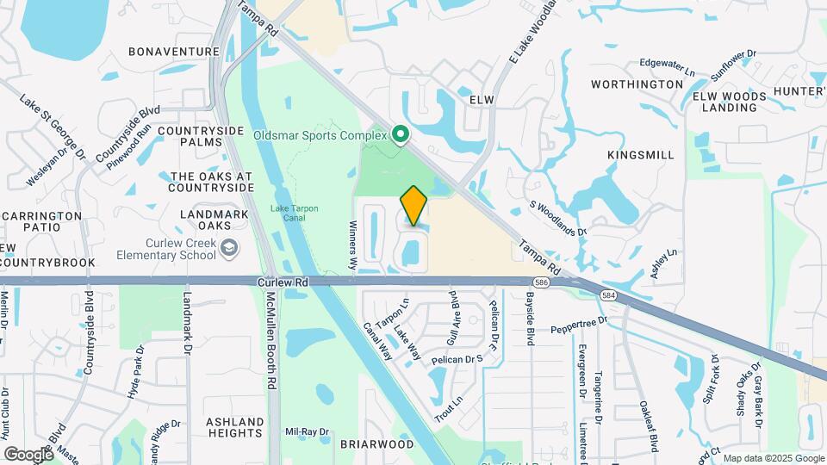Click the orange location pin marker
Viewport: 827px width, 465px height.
click(413, 205)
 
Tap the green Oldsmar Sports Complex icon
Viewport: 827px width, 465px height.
click(400, 134)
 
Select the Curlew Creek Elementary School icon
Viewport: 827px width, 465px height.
click(228, 249)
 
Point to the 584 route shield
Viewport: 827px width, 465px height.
click(609, 295)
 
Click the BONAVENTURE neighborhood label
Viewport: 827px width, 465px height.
click(174, 52)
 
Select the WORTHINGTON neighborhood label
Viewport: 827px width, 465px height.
click(637, 84)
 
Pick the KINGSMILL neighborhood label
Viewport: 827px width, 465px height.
click(640, 154)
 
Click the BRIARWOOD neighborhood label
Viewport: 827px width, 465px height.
click(376, 444)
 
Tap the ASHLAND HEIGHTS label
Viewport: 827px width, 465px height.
click(234, 428)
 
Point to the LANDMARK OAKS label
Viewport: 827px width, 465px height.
click(205, 219)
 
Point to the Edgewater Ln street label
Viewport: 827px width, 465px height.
click(668, 64)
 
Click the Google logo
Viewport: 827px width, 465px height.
click(28, 454)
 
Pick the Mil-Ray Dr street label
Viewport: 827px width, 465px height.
click(308, 431)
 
